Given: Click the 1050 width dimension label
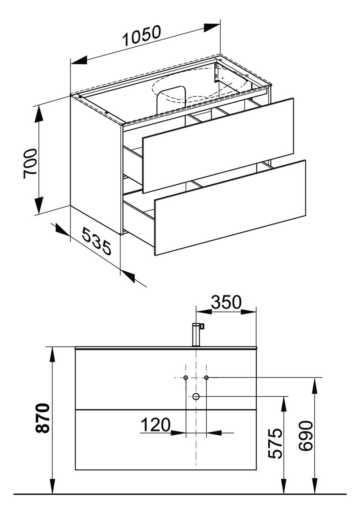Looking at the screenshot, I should click(x=141, y=37).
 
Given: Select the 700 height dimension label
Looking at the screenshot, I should click(x=30, y=163).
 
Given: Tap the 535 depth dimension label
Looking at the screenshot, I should click(x=96, y=242).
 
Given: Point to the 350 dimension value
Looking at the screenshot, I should click(x=226, y=302).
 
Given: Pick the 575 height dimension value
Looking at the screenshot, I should click(x=275, y=443).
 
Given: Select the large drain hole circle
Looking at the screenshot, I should click(x=196, y=397).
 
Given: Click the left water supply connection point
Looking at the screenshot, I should click(x=186, y=378).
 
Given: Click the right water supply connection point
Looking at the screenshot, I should click(x=206, y=378).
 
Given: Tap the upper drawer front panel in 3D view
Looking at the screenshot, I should click(x=218, y=145).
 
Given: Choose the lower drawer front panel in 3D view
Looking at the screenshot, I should click(x=230, y=207).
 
